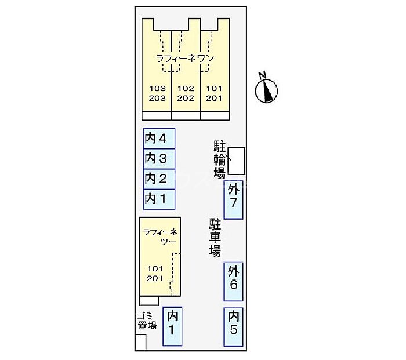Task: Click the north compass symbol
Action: (x=267, y=90)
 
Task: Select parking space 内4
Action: (x=159, y=139)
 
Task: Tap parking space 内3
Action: (x=159, y=158)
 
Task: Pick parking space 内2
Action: (x=159, y=179)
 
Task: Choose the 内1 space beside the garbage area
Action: (x=172, y=325)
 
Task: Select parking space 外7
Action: (x=234, y=200)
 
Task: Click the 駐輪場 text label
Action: (x=219, y=160)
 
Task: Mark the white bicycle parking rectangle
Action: (x=236, y=161)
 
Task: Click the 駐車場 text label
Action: (x=215, y=238)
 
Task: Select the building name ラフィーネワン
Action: (x=186, y=59)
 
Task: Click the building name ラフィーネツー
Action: (x=159, y=237)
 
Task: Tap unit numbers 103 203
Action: (x=157, y=93)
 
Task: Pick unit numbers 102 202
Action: (x=186, y=93)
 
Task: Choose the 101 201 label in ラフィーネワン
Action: (x=214, y=93)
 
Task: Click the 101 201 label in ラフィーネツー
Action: (x=155, y=274)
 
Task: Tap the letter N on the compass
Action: (x=263, y=75)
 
